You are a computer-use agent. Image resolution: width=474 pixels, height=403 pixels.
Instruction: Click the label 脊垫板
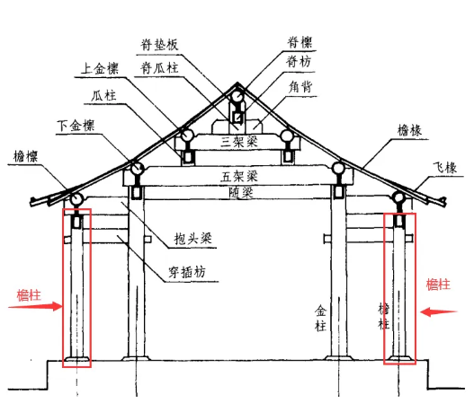[159, 45]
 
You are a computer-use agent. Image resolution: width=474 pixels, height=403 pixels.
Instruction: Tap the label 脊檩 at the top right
[300, 42]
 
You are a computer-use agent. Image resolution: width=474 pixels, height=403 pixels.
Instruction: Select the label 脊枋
[299, 62]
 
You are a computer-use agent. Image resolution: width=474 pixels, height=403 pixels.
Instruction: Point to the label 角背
[300, 87]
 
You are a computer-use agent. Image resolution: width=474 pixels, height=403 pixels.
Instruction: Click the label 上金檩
[100, 68]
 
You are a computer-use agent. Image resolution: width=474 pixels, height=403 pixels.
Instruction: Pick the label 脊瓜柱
[159, 68]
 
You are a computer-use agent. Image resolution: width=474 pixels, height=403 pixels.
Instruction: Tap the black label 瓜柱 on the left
[103, 96]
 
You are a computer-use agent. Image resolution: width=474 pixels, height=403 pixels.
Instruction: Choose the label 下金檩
[76, 125]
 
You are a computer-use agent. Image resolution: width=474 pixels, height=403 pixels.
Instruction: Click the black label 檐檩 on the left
[26, 156]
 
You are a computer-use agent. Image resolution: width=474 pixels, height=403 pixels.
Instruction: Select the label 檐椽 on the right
[409, 130]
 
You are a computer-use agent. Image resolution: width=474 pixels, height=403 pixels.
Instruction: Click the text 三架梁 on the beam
[239, 142]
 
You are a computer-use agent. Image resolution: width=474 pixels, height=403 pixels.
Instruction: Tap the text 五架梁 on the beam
[239, 176]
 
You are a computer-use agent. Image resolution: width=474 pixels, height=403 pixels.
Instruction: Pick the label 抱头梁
[192, 239]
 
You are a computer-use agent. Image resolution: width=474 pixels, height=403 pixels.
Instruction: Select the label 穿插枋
[187, 272]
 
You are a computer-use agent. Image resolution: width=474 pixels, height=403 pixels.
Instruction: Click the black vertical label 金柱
[320, 319]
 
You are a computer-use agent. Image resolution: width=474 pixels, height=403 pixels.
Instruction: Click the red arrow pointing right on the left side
[35, 306]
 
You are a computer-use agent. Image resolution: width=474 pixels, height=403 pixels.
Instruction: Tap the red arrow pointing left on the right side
[438, 312]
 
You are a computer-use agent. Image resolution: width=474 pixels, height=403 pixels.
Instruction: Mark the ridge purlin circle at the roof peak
[237, 97]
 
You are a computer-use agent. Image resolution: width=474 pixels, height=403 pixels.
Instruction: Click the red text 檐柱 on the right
[438, 285]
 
